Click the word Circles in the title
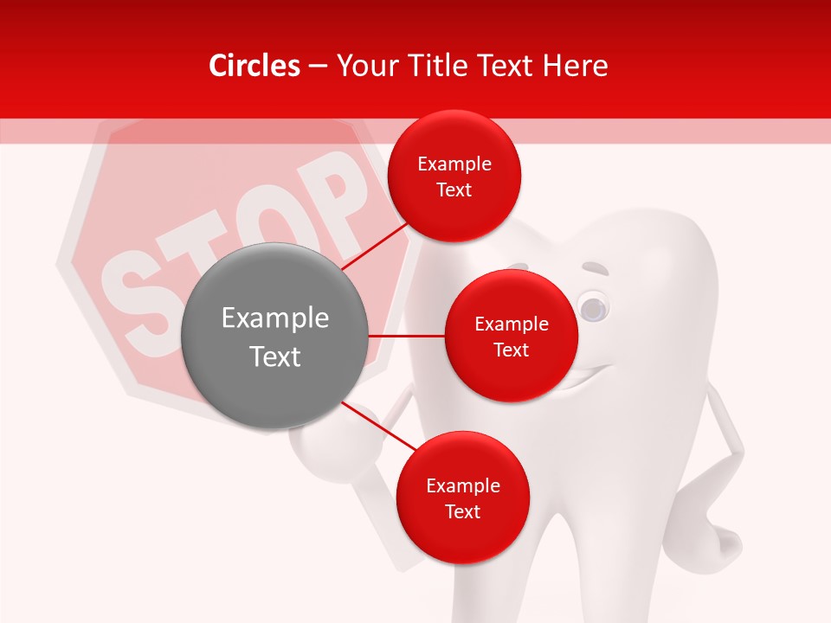pos(254,66)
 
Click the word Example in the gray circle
pos(274,318)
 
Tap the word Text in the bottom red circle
pos(462,511)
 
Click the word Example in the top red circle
pos(454,164)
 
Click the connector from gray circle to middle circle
pos(406,336)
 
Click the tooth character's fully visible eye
pos(593,307)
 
